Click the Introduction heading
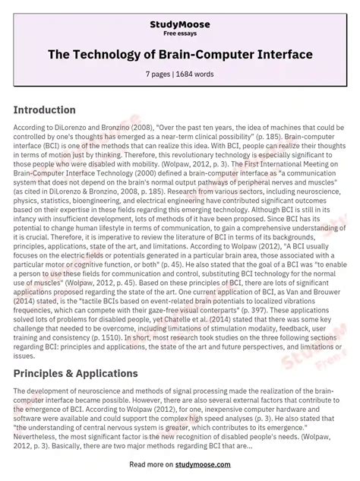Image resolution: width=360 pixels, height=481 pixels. (55, 109)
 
